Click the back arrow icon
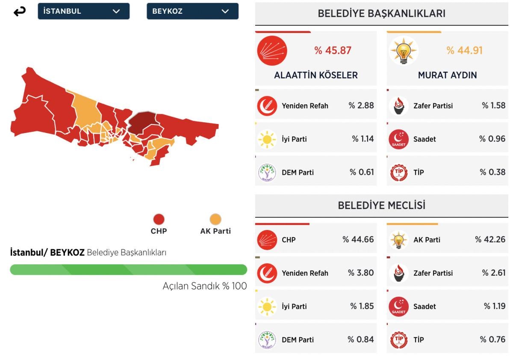[x=19, y=12]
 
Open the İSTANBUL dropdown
[x=83, y=12]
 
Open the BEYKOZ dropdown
[x=192, y=12]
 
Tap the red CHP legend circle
[x=159, y=220]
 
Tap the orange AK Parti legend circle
[x=215, y=220]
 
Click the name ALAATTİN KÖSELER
[x=315, y=75]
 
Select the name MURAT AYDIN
[x=447, y=75]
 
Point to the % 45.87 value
[x=333, y=50]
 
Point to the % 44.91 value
[x=464, y=50]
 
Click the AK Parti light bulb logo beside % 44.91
[x=403, y=51]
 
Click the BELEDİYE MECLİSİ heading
[x=381, y=206]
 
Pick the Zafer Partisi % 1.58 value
[x=493, y=106]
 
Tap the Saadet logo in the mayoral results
[x=399, y=139]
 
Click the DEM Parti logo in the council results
[x=267, y=340]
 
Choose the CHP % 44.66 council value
[x=358, y=239]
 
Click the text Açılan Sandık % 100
[x=204, y=286]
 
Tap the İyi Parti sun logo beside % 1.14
[x=267, y=139]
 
